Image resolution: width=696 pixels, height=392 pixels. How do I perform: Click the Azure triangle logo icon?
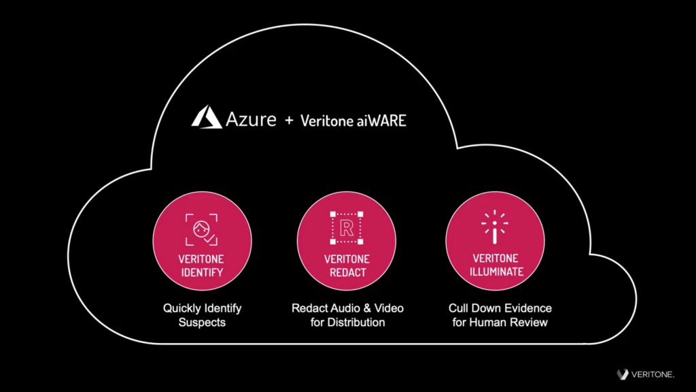coord(206,118)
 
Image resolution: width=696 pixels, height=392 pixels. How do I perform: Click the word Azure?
coord(251,120)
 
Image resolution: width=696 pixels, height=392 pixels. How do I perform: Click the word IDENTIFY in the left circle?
coord(201,272)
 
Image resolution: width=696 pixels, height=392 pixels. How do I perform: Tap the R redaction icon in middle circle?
coord(347,228)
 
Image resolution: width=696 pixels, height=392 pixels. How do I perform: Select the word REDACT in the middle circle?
coord(347,272)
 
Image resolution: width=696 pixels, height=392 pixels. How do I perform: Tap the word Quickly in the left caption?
coord(181,308)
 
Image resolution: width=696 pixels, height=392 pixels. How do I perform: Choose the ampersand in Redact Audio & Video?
coord(364,308)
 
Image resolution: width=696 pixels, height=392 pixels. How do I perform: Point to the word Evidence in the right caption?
coord(527,308)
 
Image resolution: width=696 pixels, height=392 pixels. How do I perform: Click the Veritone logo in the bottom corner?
coord(646,374)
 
